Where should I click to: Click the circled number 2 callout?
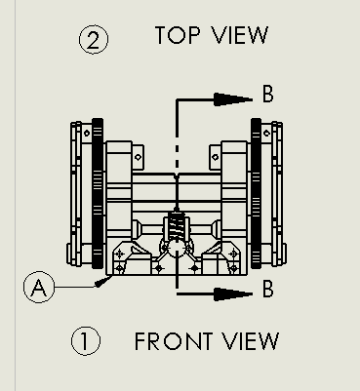tap(94, 40)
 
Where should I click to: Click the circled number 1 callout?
tap(86, 341)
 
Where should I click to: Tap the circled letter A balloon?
tap(39, 287)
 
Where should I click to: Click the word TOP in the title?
tap(178, 35)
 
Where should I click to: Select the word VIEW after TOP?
tap(240, 35)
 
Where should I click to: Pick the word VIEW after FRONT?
tap(251, 341)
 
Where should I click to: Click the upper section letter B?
tap(267, 94)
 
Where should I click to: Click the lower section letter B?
tap(267, 289)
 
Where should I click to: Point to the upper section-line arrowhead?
tap(233, 99)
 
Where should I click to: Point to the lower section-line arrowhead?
tap(233, 294)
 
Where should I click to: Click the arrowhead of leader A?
tap(103, 282)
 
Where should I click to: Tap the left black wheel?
tap(98, 193)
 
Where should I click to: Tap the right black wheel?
tap(257, 193)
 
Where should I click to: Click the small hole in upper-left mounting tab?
tap(138, 157)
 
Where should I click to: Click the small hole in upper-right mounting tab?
tap(216, 157)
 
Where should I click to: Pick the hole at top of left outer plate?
tap(87, 133)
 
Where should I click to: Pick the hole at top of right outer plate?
tap(266, 133)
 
